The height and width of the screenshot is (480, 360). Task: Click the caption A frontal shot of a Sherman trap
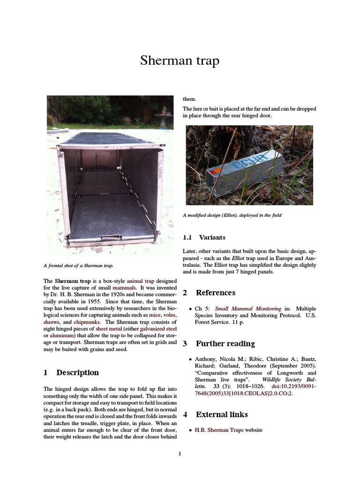(x=78, y=266)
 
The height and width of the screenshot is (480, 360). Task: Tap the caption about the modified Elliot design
(x=234, y=215)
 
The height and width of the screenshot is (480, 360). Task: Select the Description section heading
(x=77, y=373)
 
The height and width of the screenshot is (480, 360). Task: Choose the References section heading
(x=215, y=293)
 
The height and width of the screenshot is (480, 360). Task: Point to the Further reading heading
(x=225, y=344)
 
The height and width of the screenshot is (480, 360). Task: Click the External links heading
(x=222, y=414)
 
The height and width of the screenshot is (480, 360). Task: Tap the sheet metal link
(x=109, y=330)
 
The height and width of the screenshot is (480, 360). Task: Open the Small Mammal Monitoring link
(x=248, y=309)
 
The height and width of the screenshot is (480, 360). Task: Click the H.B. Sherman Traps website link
(x=219, y=430)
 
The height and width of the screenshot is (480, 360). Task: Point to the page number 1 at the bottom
(x=180, y=453)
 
